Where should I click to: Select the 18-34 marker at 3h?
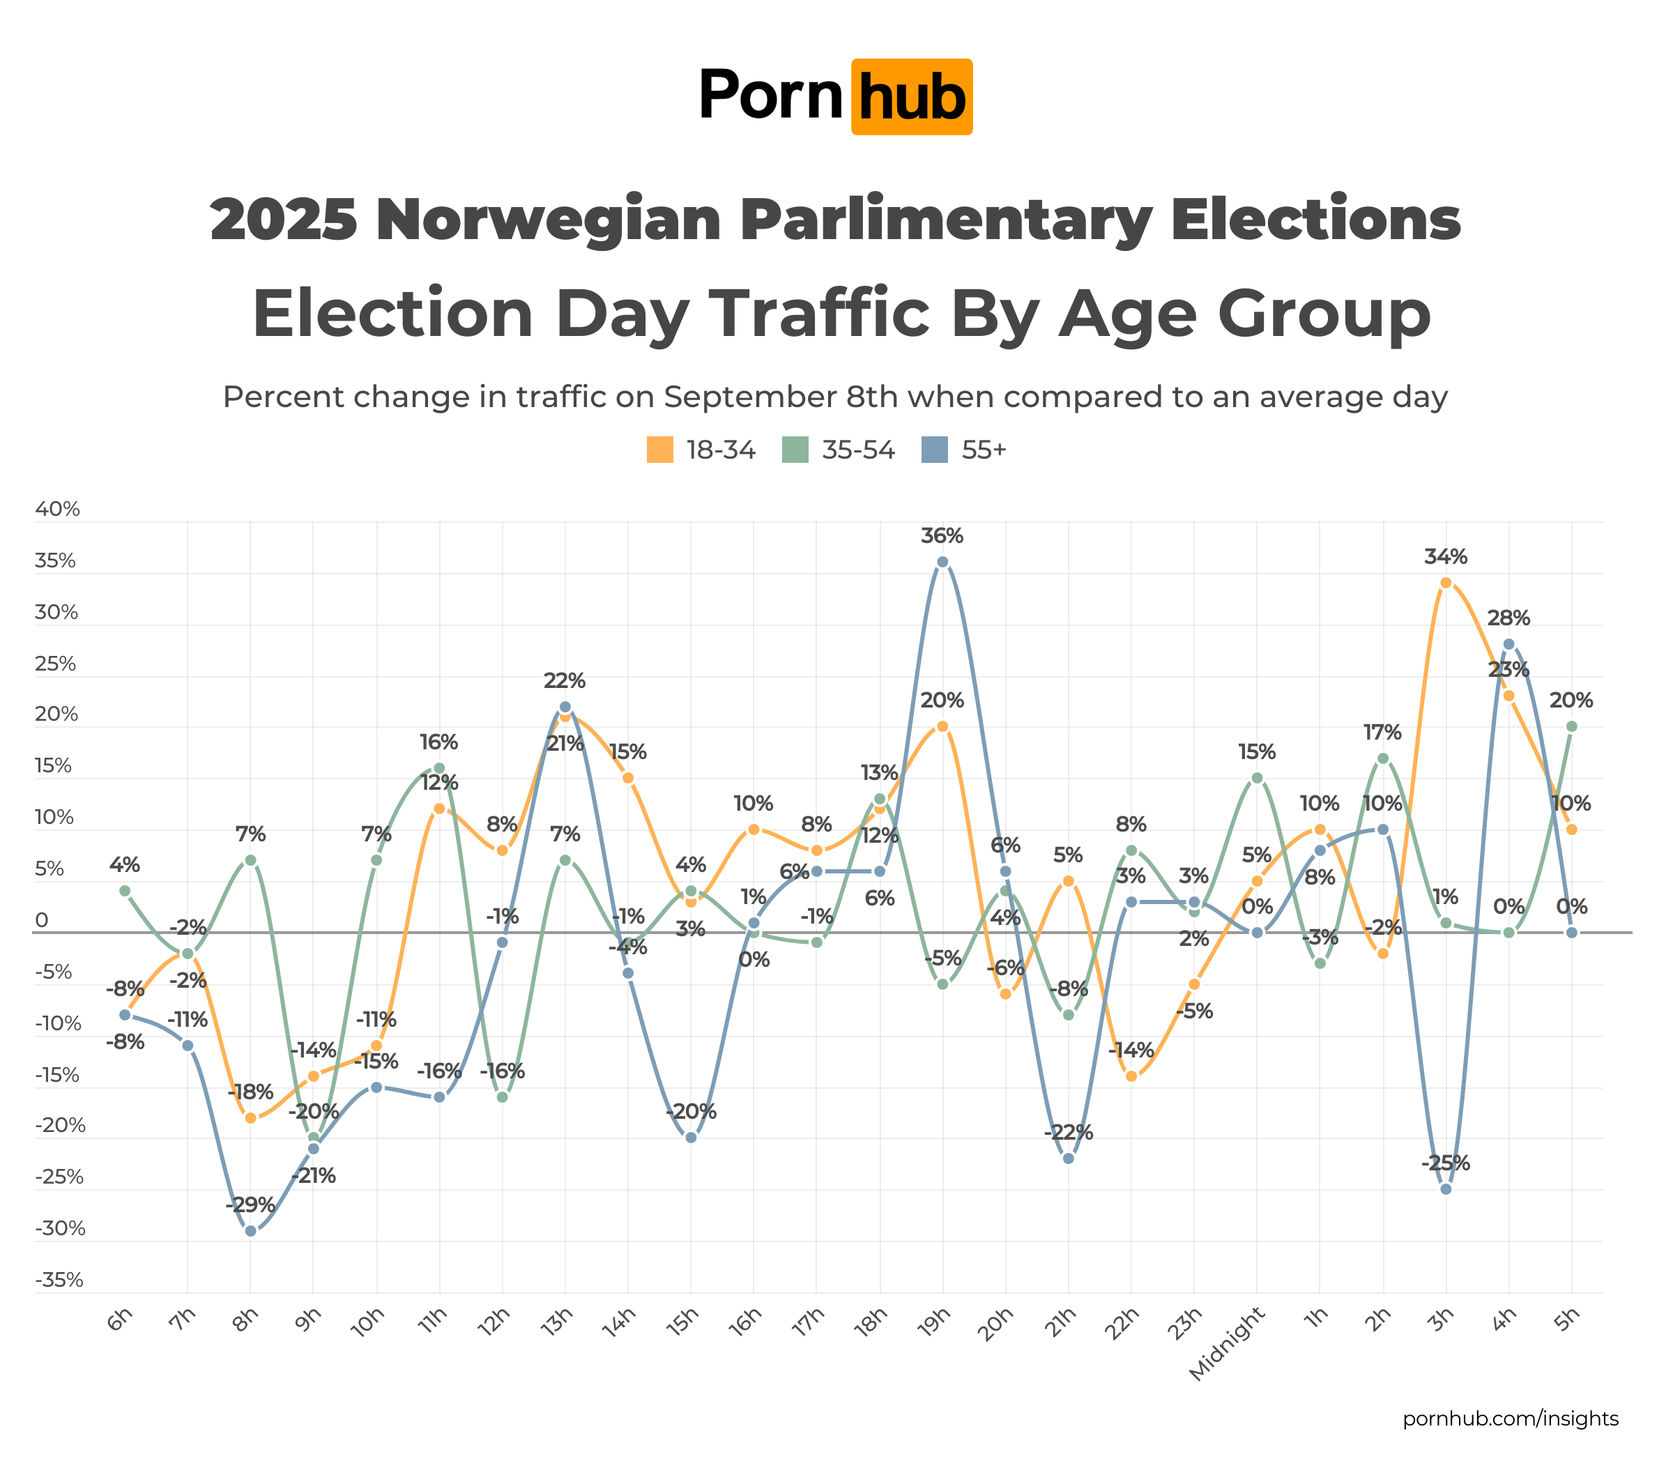pyautogui.click(x=1446, y=583)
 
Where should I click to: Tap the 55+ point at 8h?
pyautogui.click(x=250, y=1231)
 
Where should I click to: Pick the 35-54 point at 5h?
pyautogui.click(x=1571, y=726)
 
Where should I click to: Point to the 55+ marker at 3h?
pyautogui.click(x=1446, y=1189)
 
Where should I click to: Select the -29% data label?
pyautogui.click(x=250, y=1205)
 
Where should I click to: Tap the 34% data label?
pyautogui.click(x=1446, y=557)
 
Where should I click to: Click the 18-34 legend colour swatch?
pyautogui.click(x=659, y=449)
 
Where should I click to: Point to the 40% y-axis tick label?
pyautogui.click(x=57, y=509)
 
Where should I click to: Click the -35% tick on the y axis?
pyautogui.click(x=59, y=1280)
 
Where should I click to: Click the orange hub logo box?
pyautogui.click(x=912, y=97)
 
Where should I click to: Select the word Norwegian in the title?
pyautogui.click(x=549, y=220)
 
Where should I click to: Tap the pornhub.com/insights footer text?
pyautogui.click(x=1510, y=1418)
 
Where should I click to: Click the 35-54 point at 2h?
pyautogui.click(x=1382, y=758)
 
